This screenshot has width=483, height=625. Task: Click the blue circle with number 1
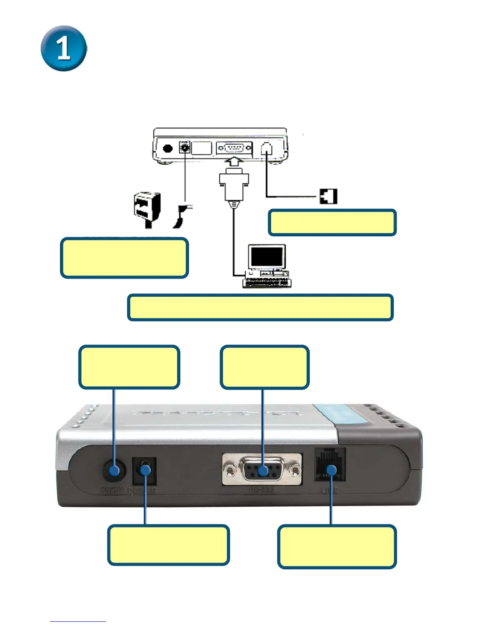64,49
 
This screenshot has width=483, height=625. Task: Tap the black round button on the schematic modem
168,149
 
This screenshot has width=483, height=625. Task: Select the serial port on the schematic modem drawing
234,148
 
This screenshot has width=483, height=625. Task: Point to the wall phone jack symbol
328,196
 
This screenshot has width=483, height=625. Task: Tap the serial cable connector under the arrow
234,185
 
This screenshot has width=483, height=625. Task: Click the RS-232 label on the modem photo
262,490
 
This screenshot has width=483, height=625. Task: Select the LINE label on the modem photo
329,490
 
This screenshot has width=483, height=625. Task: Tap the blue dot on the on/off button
114,470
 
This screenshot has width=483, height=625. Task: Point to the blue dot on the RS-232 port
263,470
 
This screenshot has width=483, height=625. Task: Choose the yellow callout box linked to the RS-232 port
264,367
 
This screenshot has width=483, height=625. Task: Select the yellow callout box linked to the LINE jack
337,546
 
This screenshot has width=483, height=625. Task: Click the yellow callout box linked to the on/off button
129,367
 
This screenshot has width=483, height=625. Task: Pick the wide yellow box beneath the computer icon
260,307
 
